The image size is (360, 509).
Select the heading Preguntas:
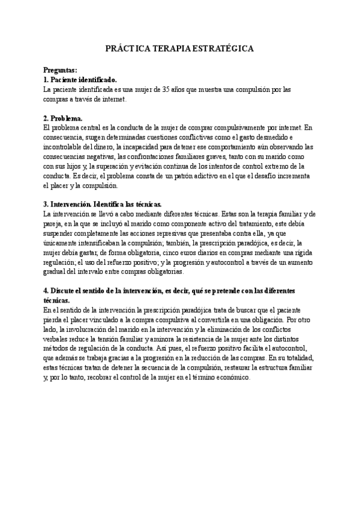[x=60, y=70]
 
